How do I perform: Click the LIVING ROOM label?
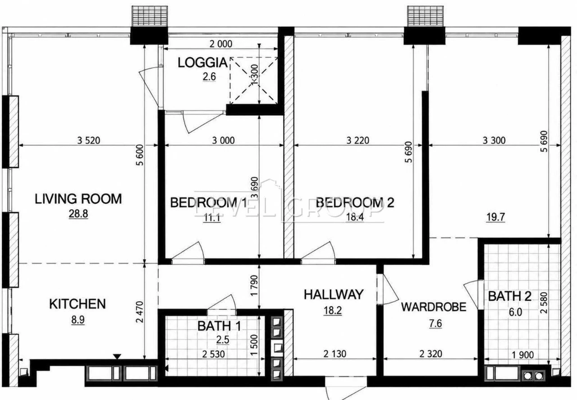(78, 199)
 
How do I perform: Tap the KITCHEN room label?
(78, 304)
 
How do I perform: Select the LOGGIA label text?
(203, 63)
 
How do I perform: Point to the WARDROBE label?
(434, 307)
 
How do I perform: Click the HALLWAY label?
(334, 294)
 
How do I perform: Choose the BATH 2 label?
(510, 296)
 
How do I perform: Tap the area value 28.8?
(78, 214)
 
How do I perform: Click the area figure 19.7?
(496, 217)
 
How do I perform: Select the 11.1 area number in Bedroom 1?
(212, 218)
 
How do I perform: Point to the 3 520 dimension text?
(89, 140)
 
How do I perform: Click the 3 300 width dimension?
(494, 140)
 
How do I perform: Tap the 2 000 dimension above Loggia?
(221, 44)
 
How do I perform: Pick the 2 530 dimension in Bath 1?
(214, 354)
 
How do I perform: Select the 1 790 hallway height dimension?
(254, 286)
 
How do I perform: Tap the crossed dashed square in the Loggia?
(254, 81)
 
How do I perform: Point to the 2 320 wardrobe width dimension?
(431, 354)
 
